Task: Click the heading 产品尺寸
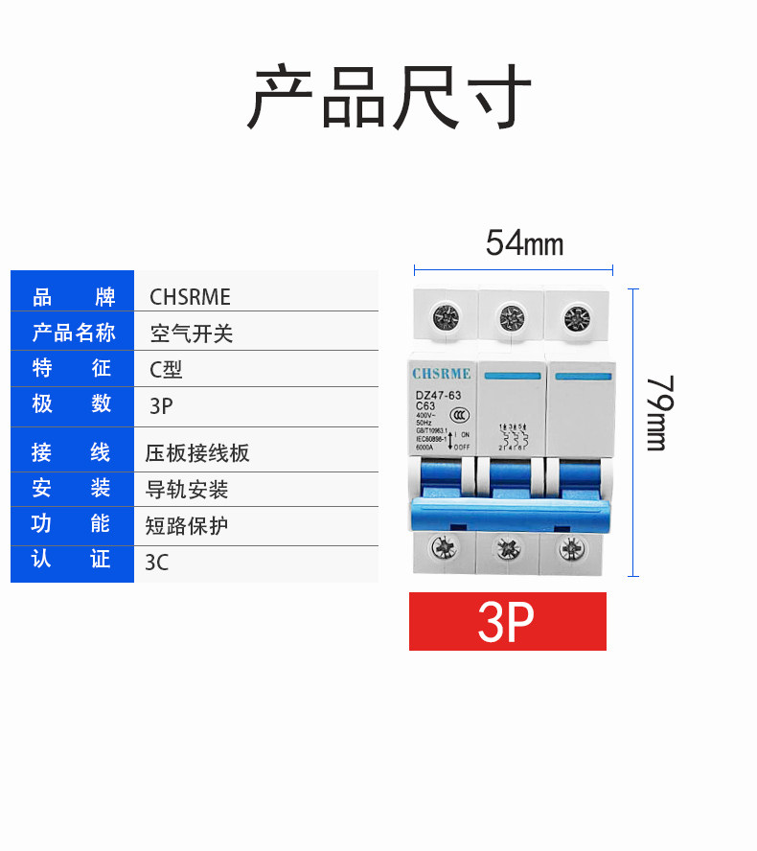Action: pos(389,97)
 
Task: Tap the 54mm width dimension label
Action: pos(524,243)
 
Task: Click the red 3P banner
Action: pos(507,622)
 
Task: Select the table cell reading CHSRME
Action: pos(190,297)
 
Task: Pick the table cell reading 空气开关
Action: pos(192,333)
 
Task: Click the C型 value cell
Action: pos(166,369)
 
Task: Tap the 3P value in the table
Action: pos(161,405)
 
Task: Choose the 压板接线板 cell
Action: pos(196,453)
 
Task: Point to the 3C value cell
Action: pos(156,563)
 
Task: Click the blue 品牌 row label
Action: pos(73,297)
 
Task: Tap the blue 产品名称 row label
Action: pos(73,333)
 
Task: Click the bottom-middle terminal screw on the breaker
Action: pos(507,549)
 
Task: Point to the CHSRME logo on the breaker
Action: pos(442,374)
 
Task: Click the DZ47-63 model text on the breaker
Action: pos(436,395)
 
